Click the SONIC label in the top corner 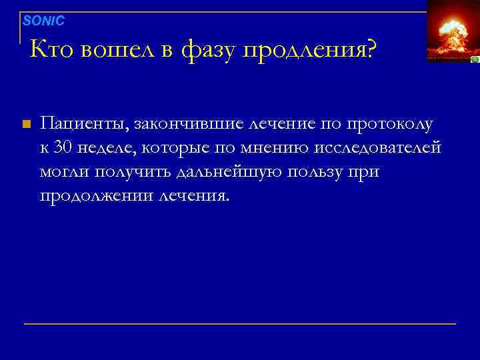tap(43, 21)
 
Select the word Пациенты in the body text tap(85, 124)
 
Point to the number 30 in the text tap(65, 147)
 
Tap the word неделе tap(106, 147)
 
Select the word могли tap(65, 171)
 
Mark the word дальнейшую tap(231, 172)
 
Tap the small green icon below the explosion tap(474, 59)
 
